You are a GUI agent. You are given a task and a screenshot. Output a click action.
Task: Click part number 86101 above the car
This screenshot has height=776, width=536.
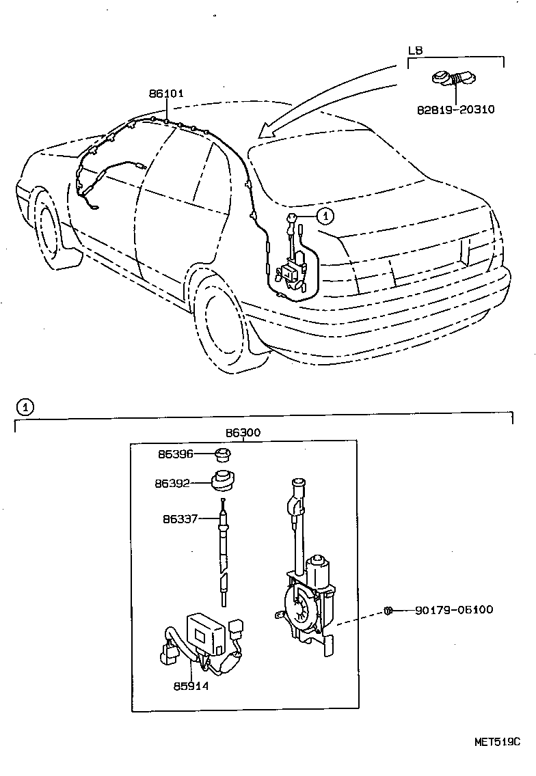pos(166,94)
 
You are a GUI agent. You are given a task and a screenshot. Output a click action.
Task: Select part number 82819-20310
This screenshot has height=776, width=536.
pos(455,109)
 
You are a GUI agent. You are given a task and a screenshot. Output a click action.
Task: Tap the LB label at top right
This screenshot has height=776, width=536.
pos(415,51)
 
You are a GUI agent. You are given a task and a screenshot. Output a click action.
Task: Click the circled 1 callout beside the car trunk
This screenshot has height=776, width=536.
pos(325,216)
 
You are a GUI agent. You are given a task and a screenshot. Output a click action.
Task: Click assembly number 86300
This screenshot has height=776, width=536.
pos(243,433)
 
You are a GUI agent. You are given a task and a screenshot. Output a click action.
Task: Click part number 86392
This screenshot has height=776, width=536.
pos(172,483)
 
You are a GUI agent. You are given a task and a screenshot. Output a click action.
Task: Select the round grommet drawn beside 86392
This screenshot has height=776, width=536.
pos(222,481)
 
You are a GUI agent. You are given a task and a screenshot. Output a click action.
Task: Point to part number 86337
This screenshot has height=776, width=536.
pos(180,518)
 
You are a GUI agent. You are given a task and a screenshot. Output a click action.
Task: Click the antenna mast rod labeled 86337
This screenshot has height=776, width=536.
pos(223,553)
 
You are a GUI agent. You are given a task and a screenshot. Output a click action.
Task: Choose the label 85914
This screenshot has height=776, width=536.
pos(191,686)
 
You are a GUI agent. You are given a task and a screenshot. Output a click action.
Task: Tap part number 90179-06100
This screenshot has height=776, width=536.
pos(453,609)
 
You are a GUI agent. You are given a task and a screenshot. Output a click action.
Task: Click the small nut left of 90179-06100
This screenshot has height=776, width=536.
pos(388,609)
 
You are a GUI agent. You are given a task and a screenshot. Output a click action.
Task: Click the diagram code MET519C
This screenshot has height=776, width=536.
pos(498,741)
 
